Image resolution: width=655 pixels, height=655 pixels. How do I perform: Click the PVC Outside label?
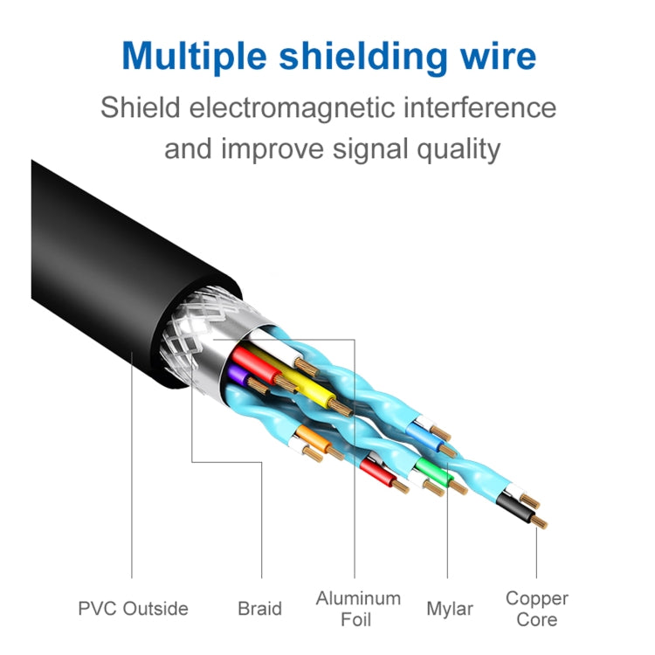coord(132,609)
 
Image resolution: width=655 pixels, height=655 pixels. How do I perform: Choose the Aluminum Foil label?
coord(358,609)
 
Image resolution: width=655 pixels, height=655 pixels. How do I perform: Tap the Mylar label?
coord(450,609)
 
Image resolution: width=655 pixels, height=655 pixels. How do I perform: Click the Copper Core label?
coord(536,609)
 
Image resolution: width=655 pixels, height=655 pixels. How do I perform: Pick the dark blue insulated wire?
coord(421,431)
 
